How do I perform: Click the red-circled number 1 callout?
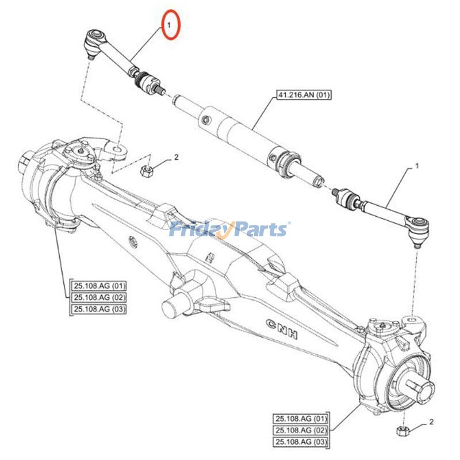click(170, 25)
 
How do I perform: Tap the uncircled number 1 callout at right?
click(417, 166)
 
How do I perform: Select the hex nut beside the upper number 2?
click(146, 170)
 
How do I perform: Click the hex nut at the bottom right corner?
click(402, 431)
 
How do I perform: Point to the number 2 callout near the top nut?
click(176, 157)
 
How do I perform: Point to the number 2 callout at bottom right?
click(431, 424)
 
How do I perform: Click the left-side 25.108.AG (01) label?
click(99, 286)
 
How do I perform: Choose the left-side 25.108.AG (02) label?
click(99, 297)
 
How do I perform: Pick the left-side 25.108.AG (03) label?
click(99, 309)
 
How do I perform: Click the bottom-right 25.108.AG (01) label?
click(301, 419)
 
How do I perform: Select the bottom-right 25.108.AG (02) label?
click(301, 430)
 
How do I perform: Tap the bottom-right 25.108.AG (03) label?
click(301, 442)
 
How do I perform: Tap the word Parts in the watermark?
click(259, 230)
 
